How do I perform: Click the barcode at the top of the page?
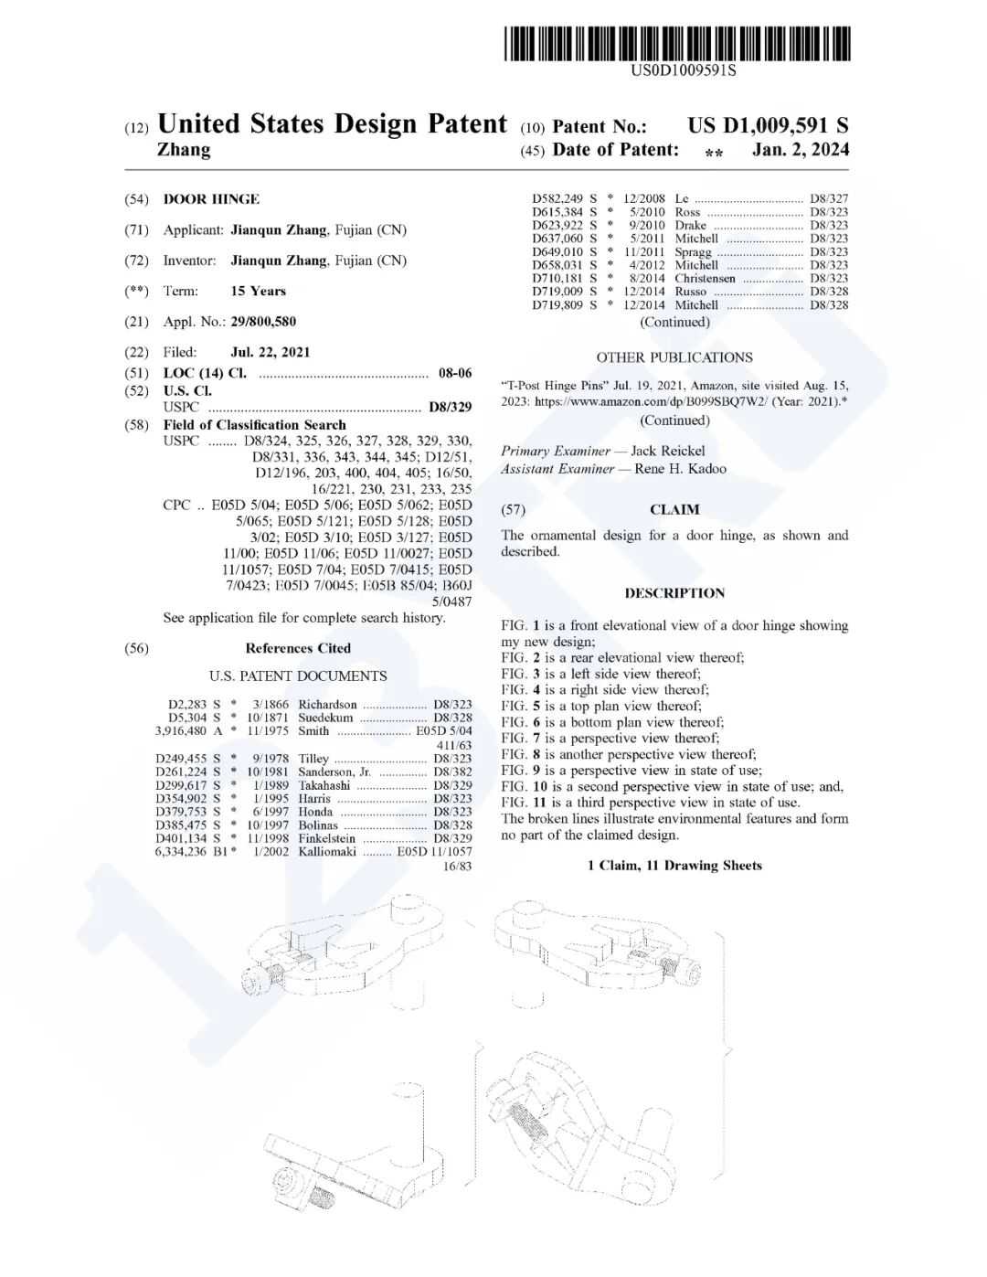coord(676,43)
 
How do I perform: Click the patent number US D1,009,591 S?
coord(768,126)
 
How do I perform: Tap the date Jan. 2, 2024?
coord(800,150)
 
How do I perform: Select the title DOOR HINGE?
coord(211,199)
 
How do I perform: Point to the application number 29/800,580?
coord(263,322)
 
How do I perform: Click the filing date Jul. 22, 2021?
coord(271,352)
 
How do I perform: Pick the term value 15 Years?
coord(258,291)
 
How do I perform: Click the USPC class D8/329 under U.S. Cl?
coord(451,408)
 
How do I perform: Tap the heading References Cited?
coord(298,648)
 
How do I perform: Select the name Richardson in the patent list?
coord(327,705)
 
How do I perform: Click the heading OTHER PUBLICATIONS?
coord(674,357)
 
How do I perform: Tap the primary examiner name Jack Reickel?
coord(668,451)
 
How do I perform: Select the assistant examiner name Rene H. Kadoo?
coord(681,469)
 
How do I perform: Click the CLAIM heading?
coord(674,510)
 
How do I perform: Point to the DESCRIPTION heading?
coord(674,593)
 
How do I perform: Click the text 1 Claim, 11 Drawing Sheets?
coord(674,866)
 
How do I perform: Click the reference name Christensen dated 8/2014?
coord(705,279)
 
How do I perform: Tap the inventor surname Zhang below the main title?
coord(184,150)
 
